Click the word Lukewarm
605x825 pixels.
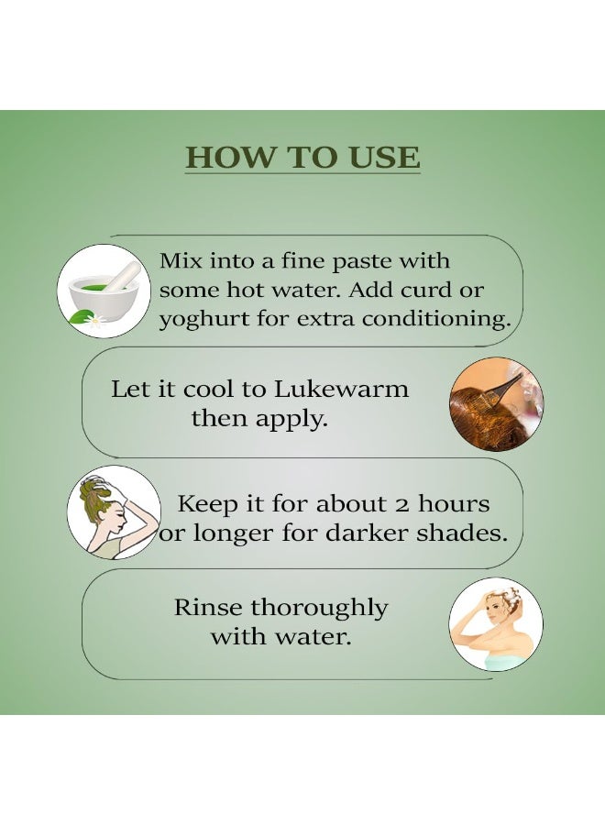pyautogui.click(x=342, y=390)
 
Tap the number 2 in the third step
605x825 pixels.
pyautogui.click(x=401, y=505)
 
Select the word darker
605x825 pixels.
pyautogui.click(x=368, y=533)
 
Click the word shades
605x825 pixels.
pyautogui.click(x=462, y=533)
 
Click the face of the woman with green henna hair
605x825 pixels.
pyautogui.click(x=119, y=518)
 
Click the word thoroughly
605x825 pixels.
pyautogui.click(x=319, y=609)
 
